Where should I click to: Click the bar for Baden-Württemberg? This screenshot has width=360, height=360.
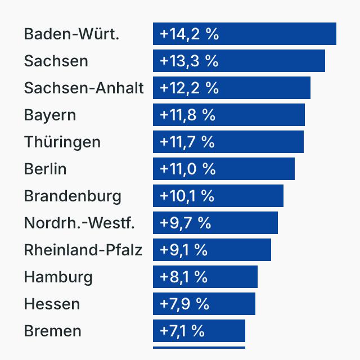[245, 34]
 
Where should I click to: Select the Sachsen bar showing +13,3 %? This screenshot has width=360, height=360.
[239, 61]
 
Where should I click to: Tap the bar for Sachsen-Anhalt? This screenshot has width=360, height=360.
[232, 88]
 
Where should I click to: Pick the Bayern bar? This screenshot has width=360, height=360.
[229, 115]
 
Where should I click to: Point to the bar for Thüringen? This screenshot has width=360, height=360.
[228, 142]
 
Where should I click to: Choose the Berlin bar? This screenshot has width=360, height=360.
[224, 169]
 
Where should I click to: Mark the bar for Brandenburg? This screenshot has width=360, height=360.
[218, 196]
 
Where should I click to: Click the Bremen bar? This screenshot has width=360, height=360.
[199, 331]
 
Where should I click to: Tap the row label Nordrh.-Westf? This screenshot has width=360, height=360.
[79, 223]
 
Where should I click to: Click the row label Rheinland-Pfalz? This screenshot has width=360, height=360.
[83, 250]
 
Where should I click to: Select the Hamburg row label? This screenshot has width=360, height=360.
[58, 277]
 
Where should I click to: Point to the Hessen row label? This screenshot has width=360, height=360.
[52, 304]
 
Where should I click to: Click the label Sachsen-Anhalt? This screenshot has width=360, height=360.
[84, 88]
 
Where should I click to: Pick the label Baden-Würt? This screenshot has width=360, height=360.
[71, 34]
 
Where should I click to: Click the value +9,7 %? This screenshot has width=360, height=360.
[185, 223]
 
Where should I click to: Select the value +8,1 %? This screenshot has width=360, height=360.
[184, 277]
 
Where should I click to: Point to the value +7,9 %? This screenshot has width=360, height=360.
[184, 304]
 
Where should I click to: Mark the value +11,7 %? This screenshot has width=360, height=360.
[187, 142]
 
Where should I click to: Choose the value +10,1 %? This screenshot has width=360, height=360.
[187, 196]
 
